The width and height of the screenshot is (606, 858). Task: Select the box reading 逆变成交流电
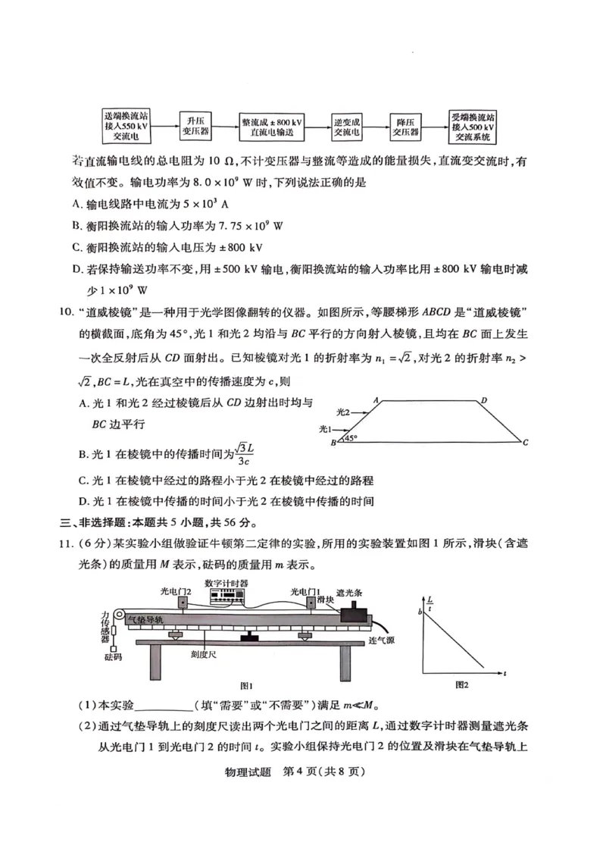coord(347,126)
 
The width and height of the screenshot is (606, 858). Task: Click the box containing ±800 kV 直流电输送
coord(272,126)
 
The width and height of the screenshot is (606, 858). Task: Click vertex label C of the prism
coord(525,443)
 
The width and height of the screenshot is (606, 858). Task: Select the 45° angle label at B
coord(351,437)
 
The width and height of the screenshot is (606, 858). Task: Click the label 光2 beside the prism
coord(343,412)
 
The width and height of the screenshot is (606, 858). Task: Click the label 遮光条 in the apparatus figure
coord(350,591)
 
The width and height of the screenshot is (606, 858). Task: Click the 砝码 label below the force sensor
coord(113,656)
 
